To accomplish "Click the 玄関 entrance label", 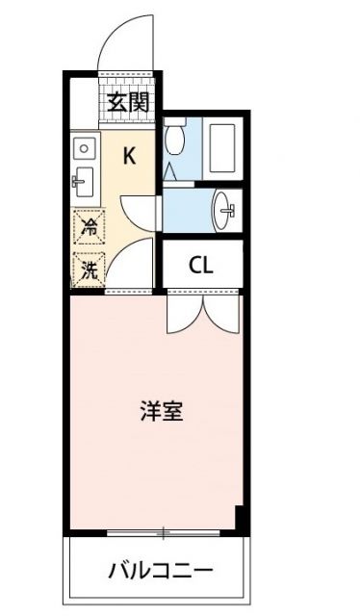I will point(128,101).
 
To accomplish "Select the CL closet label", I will point(200,267).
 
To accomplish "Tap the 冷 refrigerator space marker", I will point(88,229).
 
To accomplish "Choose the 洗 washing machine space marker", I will point(88,269).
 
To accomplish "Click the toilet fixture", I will point(174,140).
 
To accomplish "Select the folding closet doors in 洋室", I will point(200,313).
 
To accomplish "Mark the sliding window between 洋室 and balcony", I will point(164,531).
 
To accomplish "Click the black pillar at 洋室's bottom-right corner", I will point(242,520).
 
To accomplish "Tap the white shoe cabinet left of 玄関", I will point(83,96).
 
